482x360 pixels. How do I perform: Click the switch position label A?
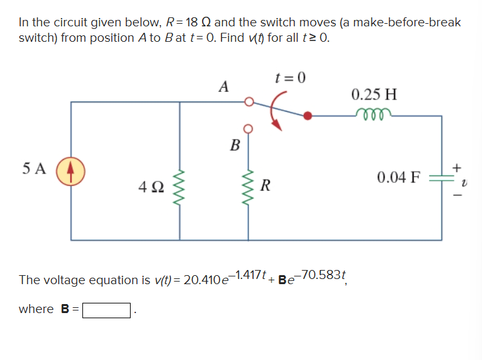click(223, 85)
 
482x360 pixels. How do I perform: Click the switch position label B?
click(235, 144)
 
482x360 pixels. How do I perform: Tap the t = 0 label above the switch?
click(290, 78)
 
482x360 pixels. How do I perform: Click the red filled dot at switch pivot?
click(310, 116)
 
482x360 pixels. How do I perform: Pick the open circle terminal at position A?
click(248, 102)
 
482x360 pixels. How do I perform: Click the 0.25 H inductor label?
click(374, 94)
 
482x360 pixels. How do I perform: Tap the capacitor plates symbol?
click(441, 177)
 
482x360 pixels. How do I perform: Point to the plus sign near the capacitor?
click(457, 166)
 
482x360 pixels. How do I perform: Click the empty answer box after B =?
click(107, 310)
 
